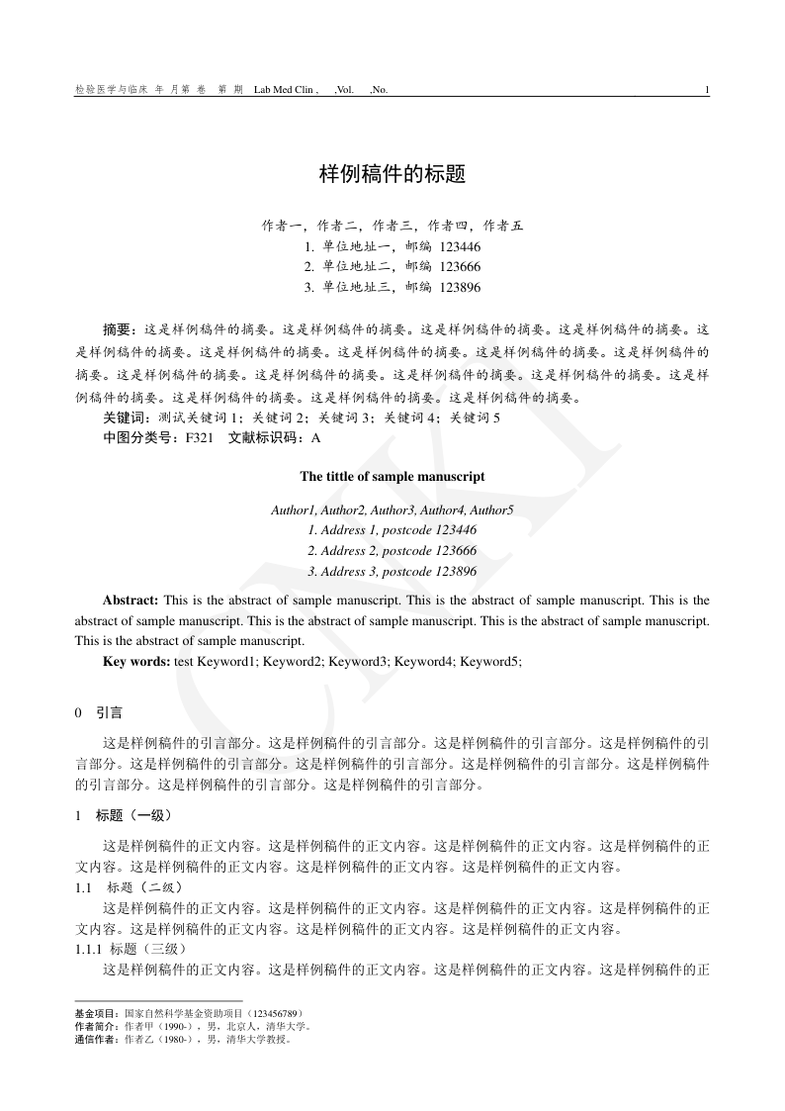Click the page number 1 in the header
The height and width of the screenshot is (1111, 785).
[x=707, y=90]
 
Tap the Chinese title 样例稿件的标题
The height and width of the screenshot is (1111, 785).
[x=392, y=175]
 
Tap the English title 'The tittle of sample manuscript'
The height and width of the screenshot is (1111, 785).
[x=392, y=476]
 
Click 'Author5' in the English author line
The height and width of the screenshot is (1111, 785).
[x=491, y=510]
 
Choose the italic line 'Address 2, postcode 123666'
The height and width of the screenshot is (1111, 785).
[x=392, y=551]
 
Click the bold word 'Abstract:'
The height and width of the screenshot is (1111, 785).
[x=131, y=601]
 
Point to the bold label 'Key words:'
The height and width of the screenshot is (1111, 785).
[x=136, y=661]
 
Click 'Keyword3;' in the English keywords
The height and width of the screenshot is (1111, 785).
[x=358, y=661]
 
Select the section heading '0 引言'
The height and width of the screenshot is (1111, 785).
[x=99, y=712]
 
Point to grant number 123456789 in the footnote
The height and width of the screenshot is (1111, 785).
[x=274, y=1014]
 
